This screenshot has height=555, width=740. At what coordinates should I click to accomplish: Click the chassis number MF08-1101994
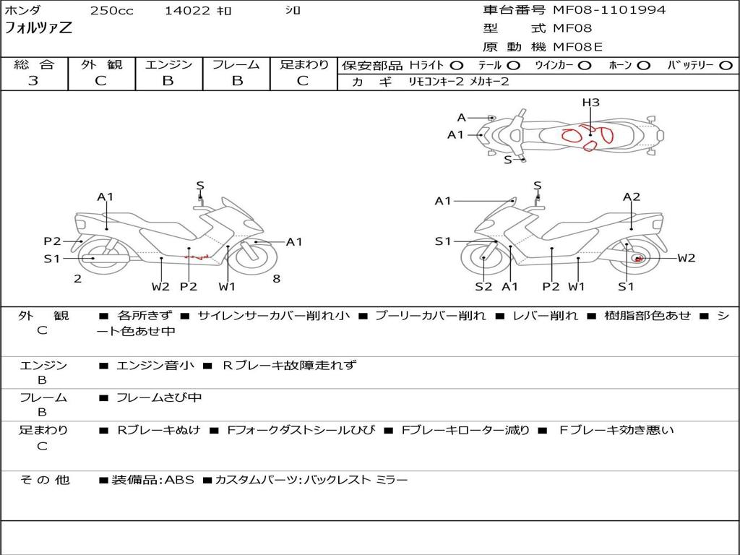(x=609, y=10)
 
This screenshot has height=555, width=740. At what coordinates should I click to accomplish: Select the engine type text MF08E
(x=577, y=47)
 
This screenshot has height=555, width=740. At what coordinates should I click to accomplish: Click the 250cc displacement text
(x=112, y=10)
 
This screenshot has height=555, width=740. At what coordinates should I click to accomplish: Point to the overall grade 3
(x=33, y=81)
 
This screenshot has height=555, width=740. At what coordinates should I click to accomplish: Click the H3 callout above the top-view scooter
(x=590, y=103)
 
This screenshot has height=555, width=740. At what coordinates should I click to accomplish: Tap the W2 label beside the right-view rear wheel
(x=687, y=258)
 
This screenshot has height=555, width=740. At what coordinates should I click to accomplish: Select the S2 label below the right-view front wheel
(x=483, y=286)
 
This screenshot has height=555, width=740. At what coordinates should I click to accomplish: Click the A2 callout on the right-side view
(x=632, y=197)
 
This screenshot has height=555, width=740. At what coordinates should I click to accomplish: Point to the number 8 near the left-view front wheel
(x=277, y=278)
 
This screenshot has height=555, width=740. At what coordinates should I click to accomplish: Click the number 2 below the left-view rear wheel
(x=78, y=278)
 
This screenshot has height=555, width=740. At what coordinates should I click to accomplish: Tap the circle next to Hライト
(x=457, y=66)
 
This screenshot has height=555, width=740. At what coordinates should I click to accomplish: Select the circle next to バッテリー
(x=726, y=66)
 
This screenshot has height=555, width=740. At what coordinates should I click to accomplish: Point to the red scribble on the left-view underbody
(x=197, y=257)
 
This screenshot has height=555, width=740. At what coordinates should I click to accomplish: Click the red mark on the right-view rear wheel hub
(x=638, y=259)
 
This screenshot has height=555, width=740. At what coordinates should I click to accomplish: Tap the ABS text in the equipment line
(x=179, y=480)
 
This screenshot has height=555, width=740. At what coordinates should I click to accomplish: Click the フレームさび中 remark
(x=159, y=398)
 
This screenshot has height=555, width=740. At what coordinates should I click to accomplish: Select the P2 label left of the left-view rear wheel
(x=52, y=241)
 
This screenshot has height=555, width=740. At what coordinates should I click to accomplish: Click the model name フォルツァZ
(x=38, y=28)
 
